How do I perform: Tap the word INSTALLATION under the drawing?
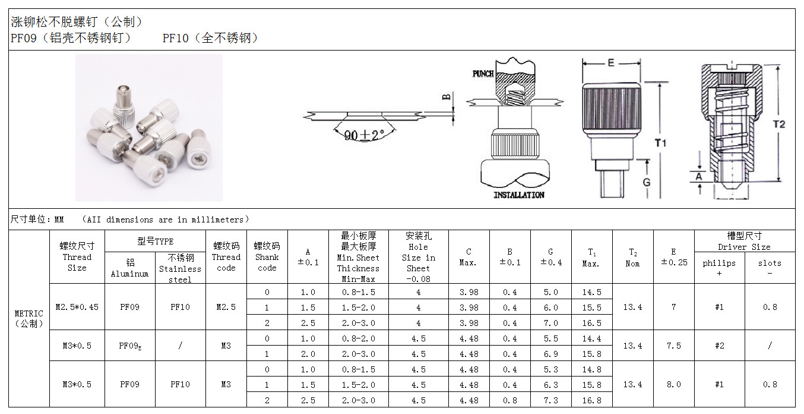(x=519, y=195)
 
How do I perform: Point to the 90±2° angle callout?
(x=364, y=135)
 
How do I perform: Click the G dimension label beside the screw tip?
(x=647, y=183)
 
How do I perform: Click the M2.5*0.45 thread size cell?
(x=77, y=307)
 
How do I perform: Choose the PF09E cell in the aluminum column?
(x=130, y=346)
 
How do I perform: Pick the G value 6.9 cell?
(x=550, y=354)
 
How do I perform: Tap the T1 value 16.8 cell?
(x=591, y=400)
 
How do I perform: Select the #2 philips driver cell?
(x=719, y=346)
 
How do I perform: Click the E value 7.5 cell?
(x=673, y=346)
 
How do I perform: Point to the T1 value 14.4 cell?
(x=591, y=338)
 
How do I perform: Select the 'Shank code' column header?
(x=267, y=257)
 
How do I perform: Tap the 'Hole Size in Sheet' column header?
(x=418, y=257)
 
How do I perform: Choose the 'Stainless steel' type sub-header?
(x=180, y=268)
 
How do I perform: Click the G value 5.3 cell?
(x=550, y=369)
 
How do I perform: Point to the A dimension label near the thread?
(x=699, y=176)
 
